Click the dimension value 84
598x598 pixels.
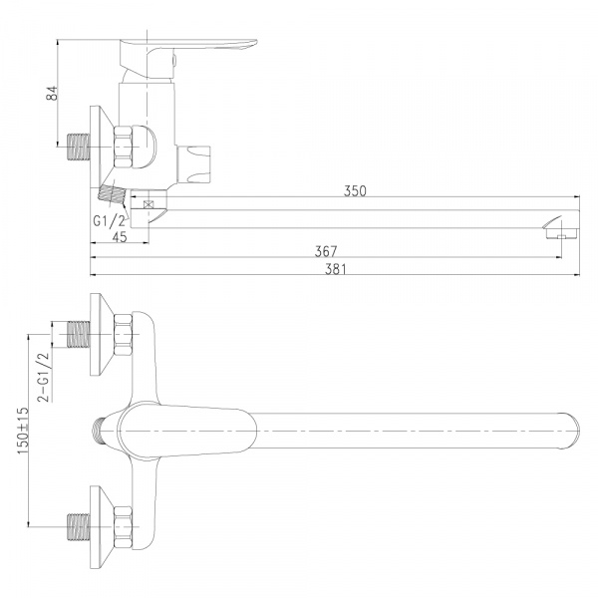point(52,93)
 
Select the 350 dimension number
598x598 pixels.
point(355,190)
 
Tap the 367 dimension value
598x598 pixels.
point(326,251)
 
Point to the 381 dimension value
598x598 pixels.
point(336,269)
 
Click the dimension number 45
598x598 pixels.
point(120,237)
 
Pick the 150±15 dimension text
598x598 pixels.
point(23,431)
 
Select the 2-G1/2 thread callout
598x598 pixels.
point(43,377)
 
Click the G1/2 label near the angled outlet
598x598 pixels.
point(109,220)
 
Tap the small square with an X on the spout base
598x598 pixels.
point(148,204)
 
